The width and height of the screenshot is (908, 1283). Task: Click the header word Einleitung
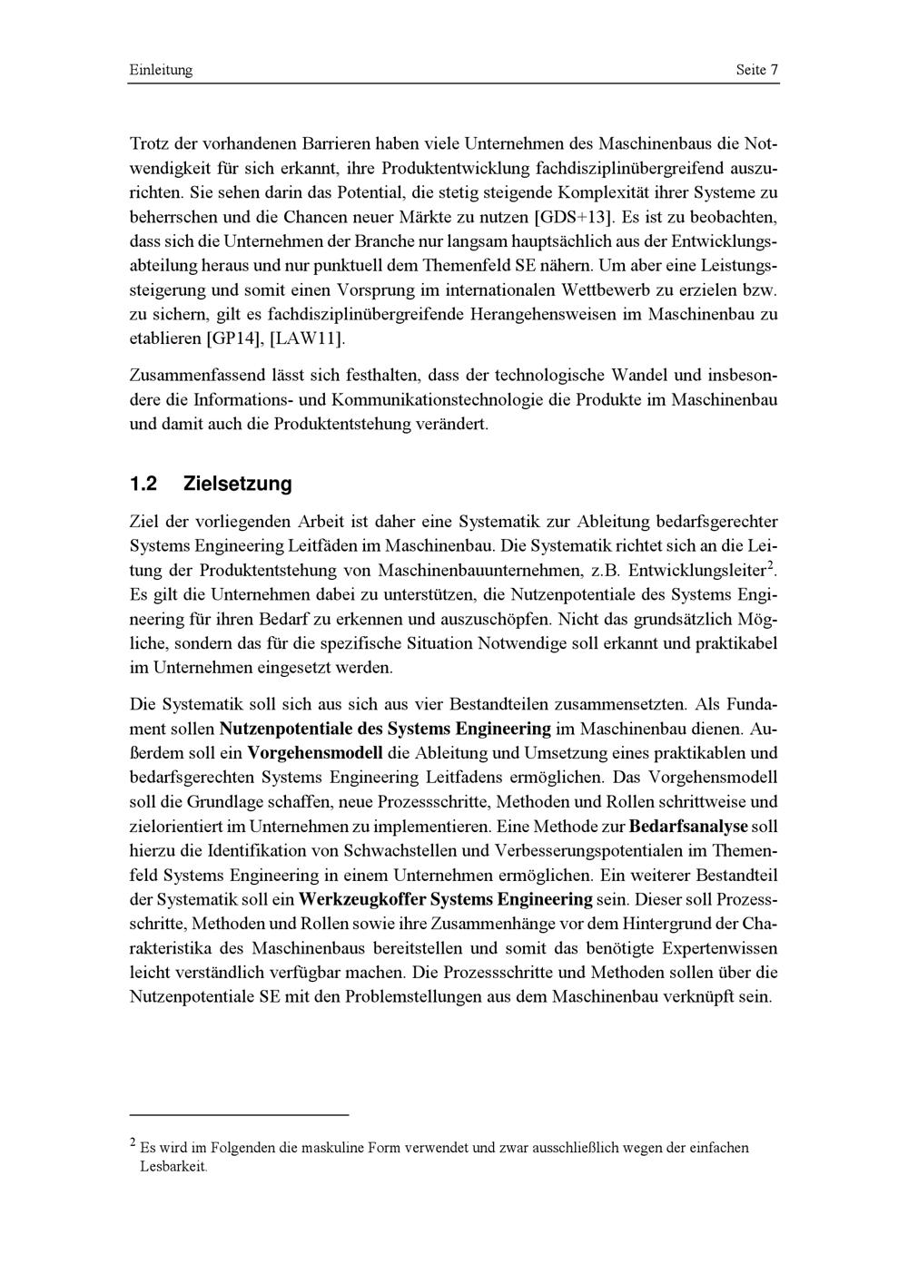click(x=161, y=70)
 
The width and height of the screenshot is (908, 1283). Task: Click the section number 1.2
click(x=144, y=484)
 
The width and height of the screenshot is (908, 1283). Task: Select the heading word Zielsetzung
click(x=238, y=484)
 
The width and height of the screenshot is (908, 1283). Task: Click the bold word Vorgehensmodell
click(x=316, y=752)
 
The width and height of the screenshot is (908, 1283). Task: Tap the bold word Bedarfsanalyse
click(x=688, y=826)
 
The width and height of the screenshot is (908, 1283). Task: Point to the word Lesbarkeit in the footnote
click(x=173, y=1166)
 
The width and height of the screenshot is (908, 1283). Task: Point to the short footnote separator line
click(x=240, y=1113)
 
